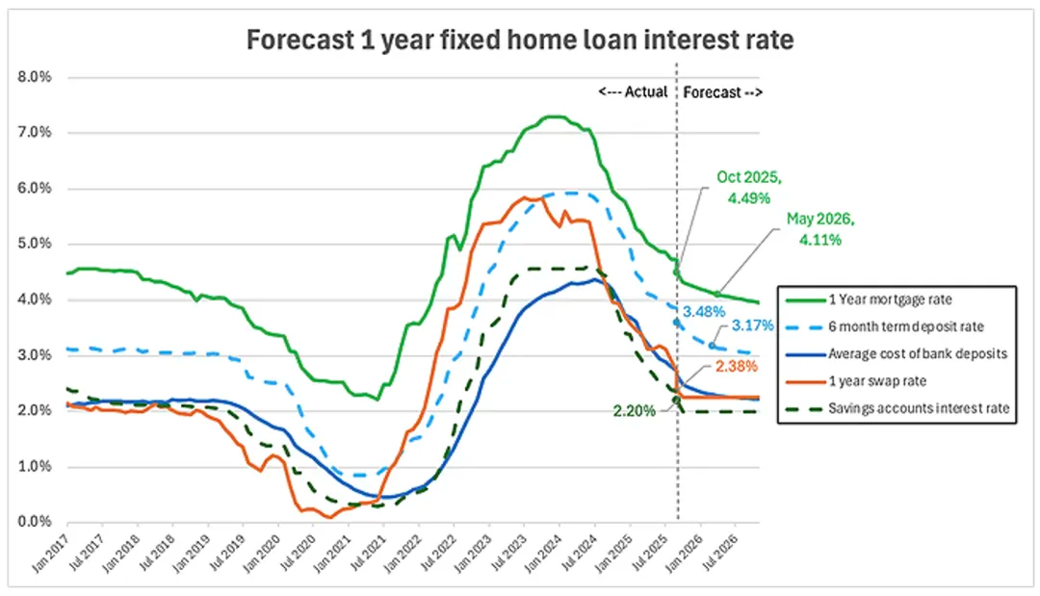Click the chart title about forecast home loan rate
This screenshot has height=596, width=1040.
click(519, 41)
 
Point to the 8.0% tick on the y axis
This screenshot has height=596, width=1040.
click(36, 77)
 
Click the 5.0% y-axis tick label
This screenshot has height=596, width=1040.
click(36, 244)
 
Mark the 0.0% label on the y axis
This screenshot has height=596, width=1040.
click(36, 522)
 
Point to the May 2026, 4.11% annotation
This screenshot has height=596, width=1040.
click(820, 230)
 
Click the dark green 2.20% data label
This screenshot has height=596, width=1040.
click(635, 411)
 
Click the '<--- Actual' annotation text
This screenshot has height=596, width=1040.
click(633, 92)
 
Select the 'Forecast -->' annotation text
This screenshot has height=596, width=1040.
click(723, 92)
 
